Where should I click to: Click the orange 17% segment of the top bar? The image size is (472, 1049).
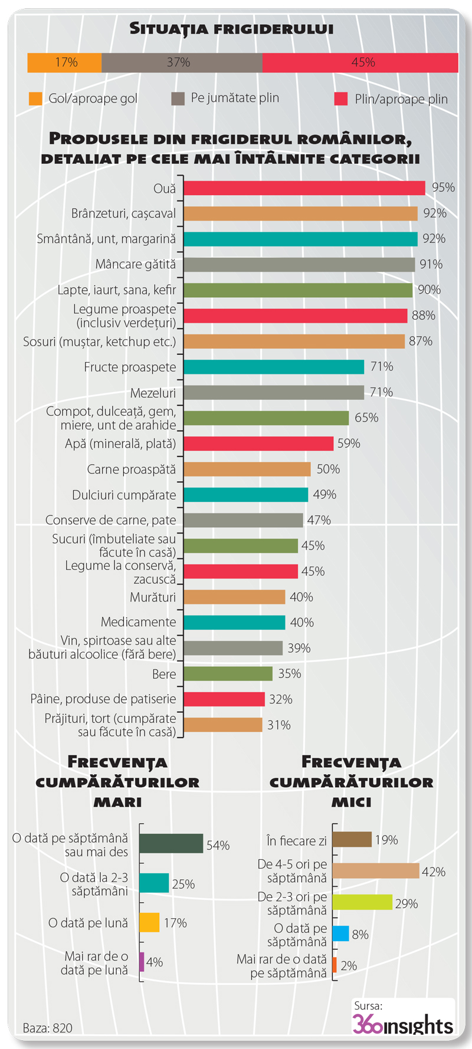pyautogui.click(x=64, y=63)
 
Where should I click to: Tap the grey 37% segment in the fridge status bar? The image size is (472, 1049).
pyautogui.click(x=182, y=63)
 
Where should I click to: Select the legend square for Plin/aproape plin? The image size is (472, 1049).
pyautogui.click(x=341, y=98)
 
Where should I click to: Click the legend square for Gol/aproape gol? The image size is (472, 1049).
pyautogui.click(x=35, y=98)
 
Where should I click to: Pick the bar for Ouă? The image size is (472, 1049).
pyautogui.click(x=304, y=188)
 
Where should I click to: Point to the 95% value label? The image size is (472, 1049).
pyautogui.click(x=443, y=188)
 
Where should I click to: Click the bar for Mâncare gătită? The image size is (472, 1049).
pyautogui.click(x=299, y=265)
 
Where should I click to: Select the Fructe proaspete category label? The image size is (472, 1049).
pyautogui.click(x=130, y=367)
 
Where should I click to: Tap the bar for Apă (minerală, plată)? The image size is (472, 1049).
pyautogui.click(x=258, y=443)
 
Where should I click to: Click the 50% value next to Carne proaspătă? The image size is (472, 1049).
pyautogui.click(x=328, y=469)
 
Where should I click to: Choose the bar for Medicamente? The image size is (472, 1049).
pyautogui.click(x=234, y=623)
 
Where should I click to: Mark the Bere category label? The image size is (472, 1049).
pyautogui.click(x=164, y=674)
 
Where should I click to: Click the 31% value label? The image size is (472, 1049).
pyautogui.click(x=278, y=725)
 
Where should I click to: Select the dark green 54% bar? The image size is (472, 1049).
pyautogui.click(x=171, y=843)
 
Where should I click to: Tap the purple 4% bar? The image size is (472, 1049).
pyautogui.click(x=142, y=962)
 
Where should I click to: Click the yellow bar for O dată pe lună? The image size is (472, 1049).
pyautogui.click(x=149, y=922)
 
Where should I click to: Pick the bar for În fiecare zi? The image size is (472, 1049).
pyautogui.click(x=352, y=840)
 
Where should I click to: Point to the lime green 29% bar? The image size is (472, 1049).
pyautogui.click(x=362, y=902)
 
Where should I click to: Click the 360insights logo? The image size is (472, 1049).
pyautogui.click(x=402, y=1025)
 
